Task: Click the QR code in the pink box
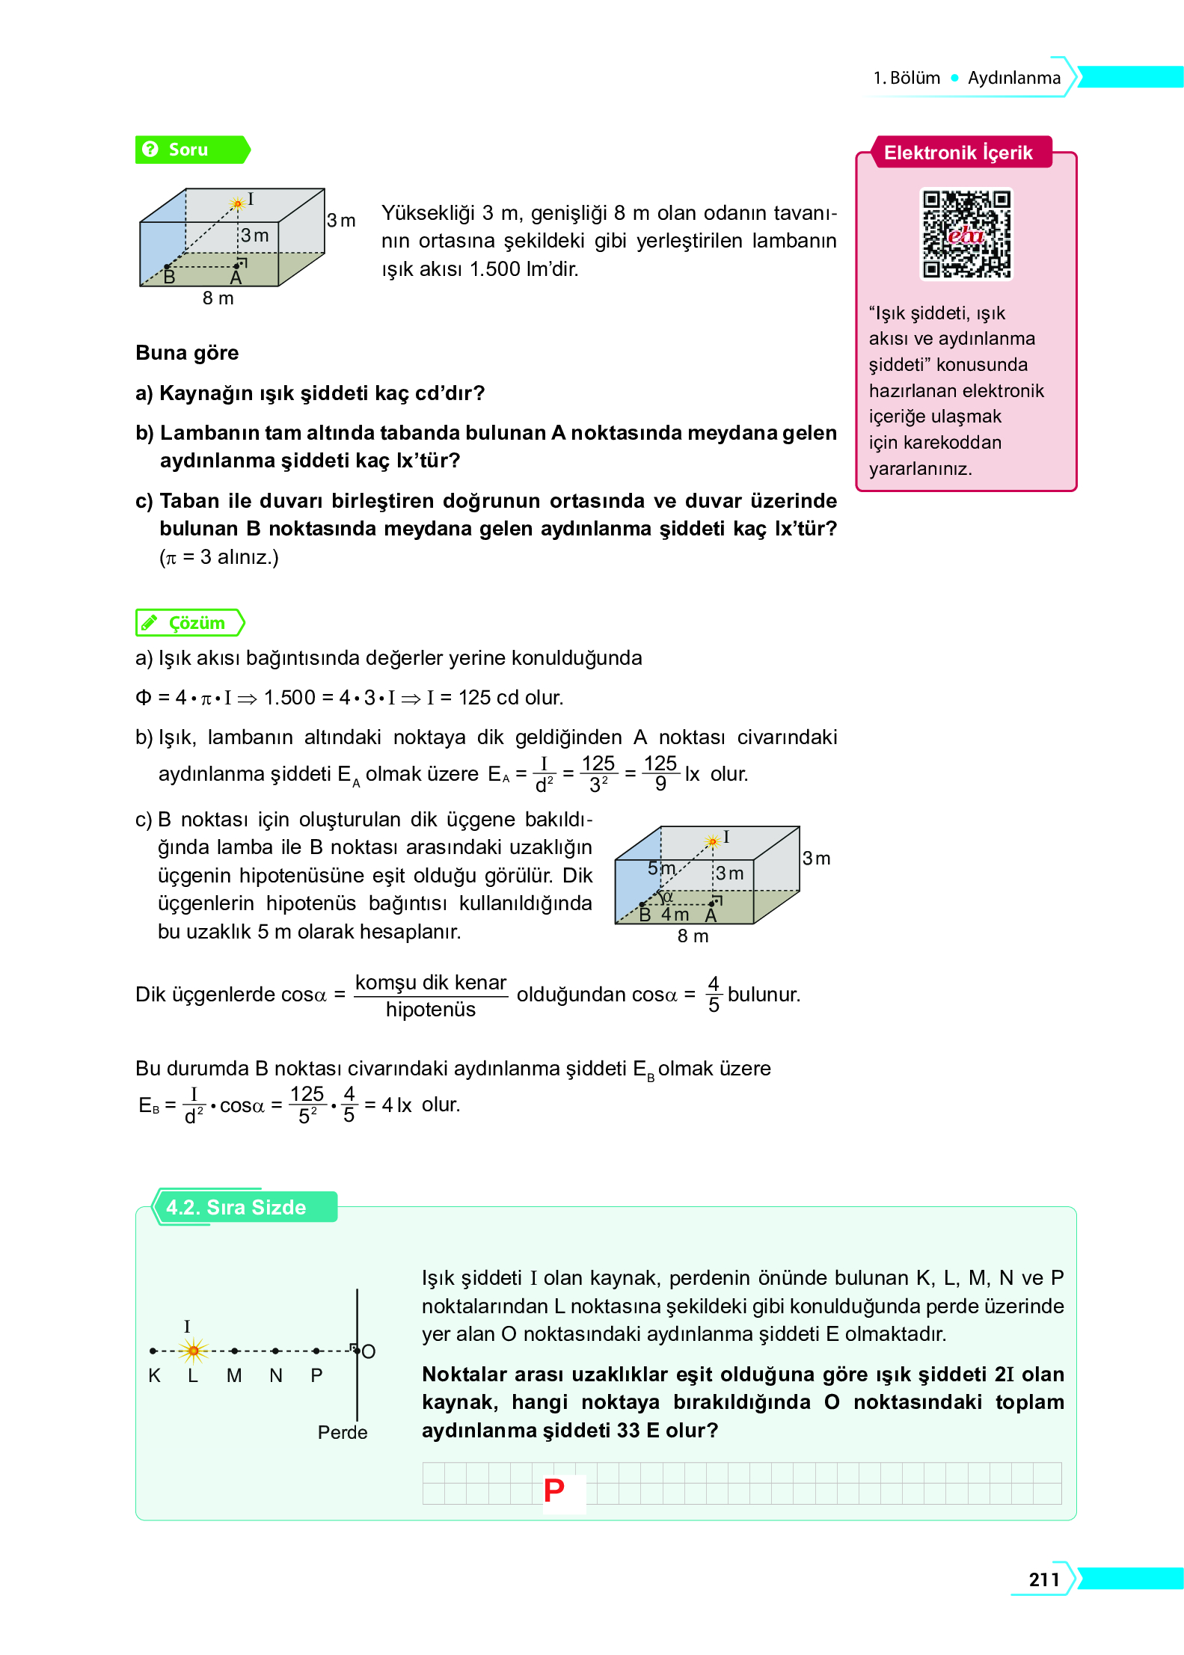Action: point(966,233)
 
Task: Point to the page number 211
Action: point(1043,1579)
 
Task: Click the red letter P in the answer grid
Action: point(554,1490)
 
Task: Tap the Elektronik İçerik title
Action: point(958,153)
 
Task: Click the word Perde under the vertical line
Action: point(343,1432)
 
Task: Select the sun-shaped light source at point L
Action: point(194,1350)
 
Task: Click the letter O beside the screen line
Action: point(368,1351)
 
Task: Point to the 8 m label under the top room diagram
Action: point(218,298)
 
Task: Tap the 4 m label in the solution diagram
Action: point(675,915)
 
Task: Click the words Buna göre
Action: point(187,353)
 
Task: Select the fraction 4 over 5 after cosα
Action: point(714,994)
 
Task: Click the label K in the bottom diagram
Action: point(154,1375)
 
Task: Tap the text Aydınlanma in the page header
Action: point(1013,78)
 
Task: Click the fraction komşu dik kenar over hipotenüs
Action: point(431,995)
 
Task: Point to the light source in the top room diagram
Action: point(238,203)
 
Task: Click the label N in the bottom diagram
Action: point(276,1375)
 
